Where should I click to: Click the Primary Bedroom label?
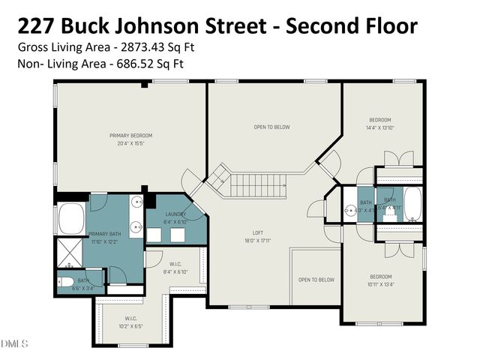coord(130,136)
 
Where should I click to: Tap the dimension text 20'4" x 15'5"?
coord(130,142)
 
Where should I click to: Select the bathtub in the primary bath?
coord(72,217)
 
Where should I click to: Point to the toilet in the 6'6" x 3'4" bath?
coord(65,283)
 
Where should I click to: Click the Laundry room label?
coord(175,215)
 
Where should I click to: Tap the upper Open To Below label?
coord(271,127)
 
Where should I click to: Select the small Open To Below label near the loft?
coord(316,280)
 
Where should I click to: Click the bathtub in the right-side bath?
coord(412,204)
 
